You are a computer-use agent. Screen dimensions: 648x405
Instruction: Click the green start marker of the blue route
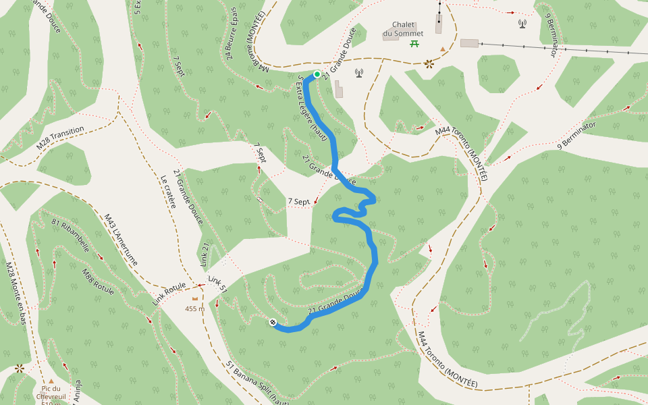pos(317,74)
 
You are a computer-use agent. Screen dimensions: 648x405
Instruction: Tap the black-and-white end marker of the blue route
pos(273,323)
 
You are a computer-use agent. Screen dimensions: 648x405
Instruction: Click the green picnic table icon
pos(413,44)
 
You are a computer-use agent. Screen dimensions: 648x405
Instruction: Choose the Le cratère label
pos(168,192)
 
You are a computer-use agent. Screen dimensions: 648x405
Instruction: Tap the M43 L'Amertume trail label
pos(121,240)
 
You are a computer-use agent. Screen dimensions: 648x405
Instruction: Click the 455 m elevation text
pos(195,308)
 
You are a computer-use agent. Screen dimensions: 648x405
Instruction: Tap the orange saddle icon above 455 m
pos(196,298)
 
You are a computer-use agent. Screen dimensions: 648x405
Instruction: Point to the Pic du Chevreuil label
pos(51,392)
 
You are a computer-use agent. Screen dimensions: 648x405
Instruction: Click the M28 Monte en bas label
pos(15,294)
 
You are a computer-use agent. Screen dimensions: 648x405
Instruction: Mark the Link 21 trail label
pos(205,253)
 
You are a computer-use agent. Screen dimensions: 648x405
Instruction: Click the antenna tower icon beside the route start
pos(358,73)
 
